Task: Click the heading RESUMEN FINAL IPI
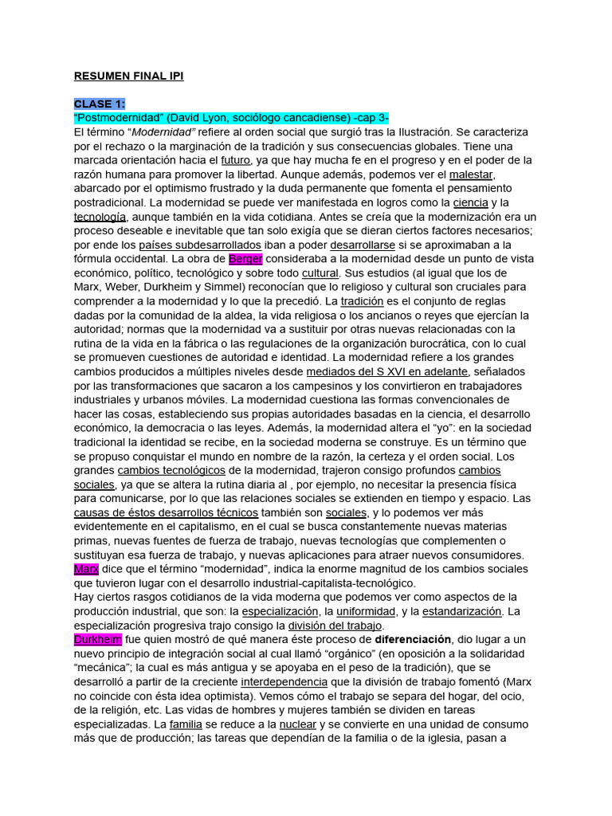click(128, 76)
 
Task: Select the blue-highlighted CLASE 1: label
click(100, 104)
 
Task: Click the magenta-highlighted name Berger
click(245, 259)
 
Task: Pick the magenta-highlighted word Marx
click(86, 569)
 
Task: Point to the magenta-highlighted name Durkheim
click(97, 639)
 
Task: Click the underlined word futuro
click(236, 160)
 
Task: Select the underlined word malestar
click(472, 175)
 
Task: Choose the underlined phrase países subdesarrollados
click(188, 245)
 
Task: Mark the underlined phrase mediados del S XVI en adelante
click(387, 371)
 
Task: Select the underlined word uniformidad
click(366, 611)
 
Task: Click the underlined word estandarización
click(462, 611)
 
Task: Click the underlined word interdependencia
click(284, 681)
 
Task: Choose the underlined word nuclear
click(298, 724)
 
